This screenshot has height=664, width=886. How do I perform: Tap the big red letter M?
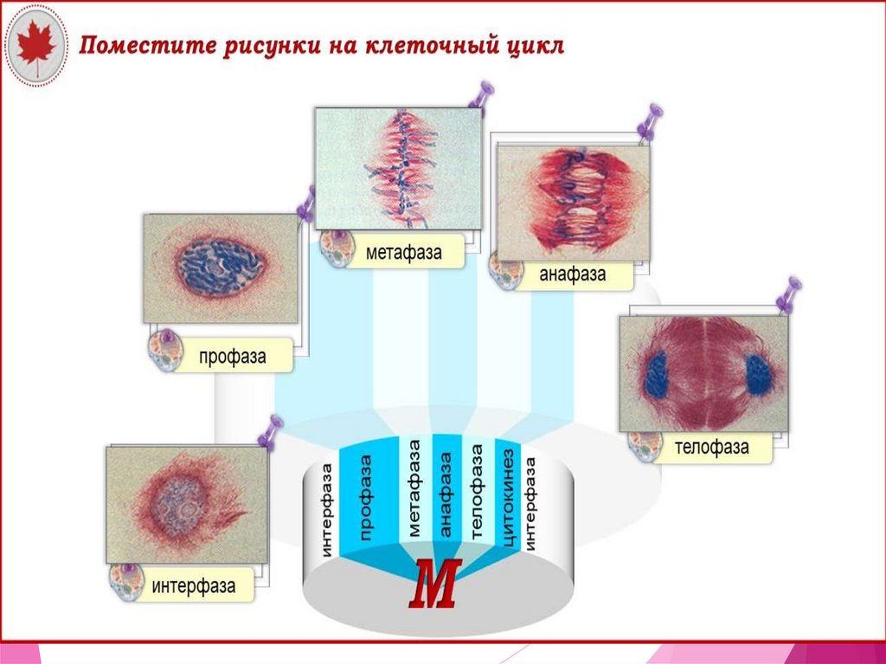(x=436, y=586)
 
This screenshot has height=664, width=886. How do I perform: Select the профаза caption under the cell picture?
(x=232, y=357)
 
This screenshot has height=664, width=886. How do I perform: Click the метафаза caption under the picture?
(x=403, y=254)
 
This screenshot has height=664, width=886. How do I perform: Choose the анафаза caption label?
(x=572, y=275)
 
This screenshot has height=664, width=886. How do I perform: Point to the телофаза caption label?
(x=712, y=448)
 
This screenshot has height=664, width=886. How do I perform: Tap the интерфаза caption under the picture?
(x=194, y=586)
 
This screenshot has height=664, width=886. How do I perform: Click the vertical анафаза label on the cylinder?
(x=446, y=493)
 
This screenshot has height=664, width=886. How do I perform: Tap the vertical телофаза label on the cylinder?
(x=477, y=493)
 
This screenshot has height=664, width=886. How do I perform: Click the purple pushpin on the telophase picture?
(x=788, y=293)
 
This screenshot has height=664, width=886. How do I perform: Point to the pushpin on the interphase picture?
(x=272, y=430)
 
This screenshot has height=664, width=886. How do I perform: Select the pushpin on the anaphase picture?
(x=649, y=122)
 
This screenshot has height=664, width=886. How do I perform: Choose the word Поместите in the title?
(x=134, y=45)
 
